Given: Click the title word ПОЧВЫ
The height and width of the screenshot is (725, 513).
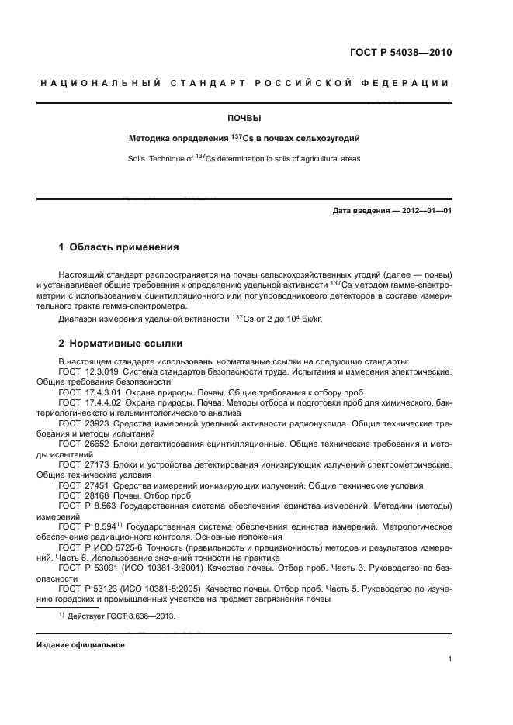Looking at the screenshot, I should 244,119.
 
